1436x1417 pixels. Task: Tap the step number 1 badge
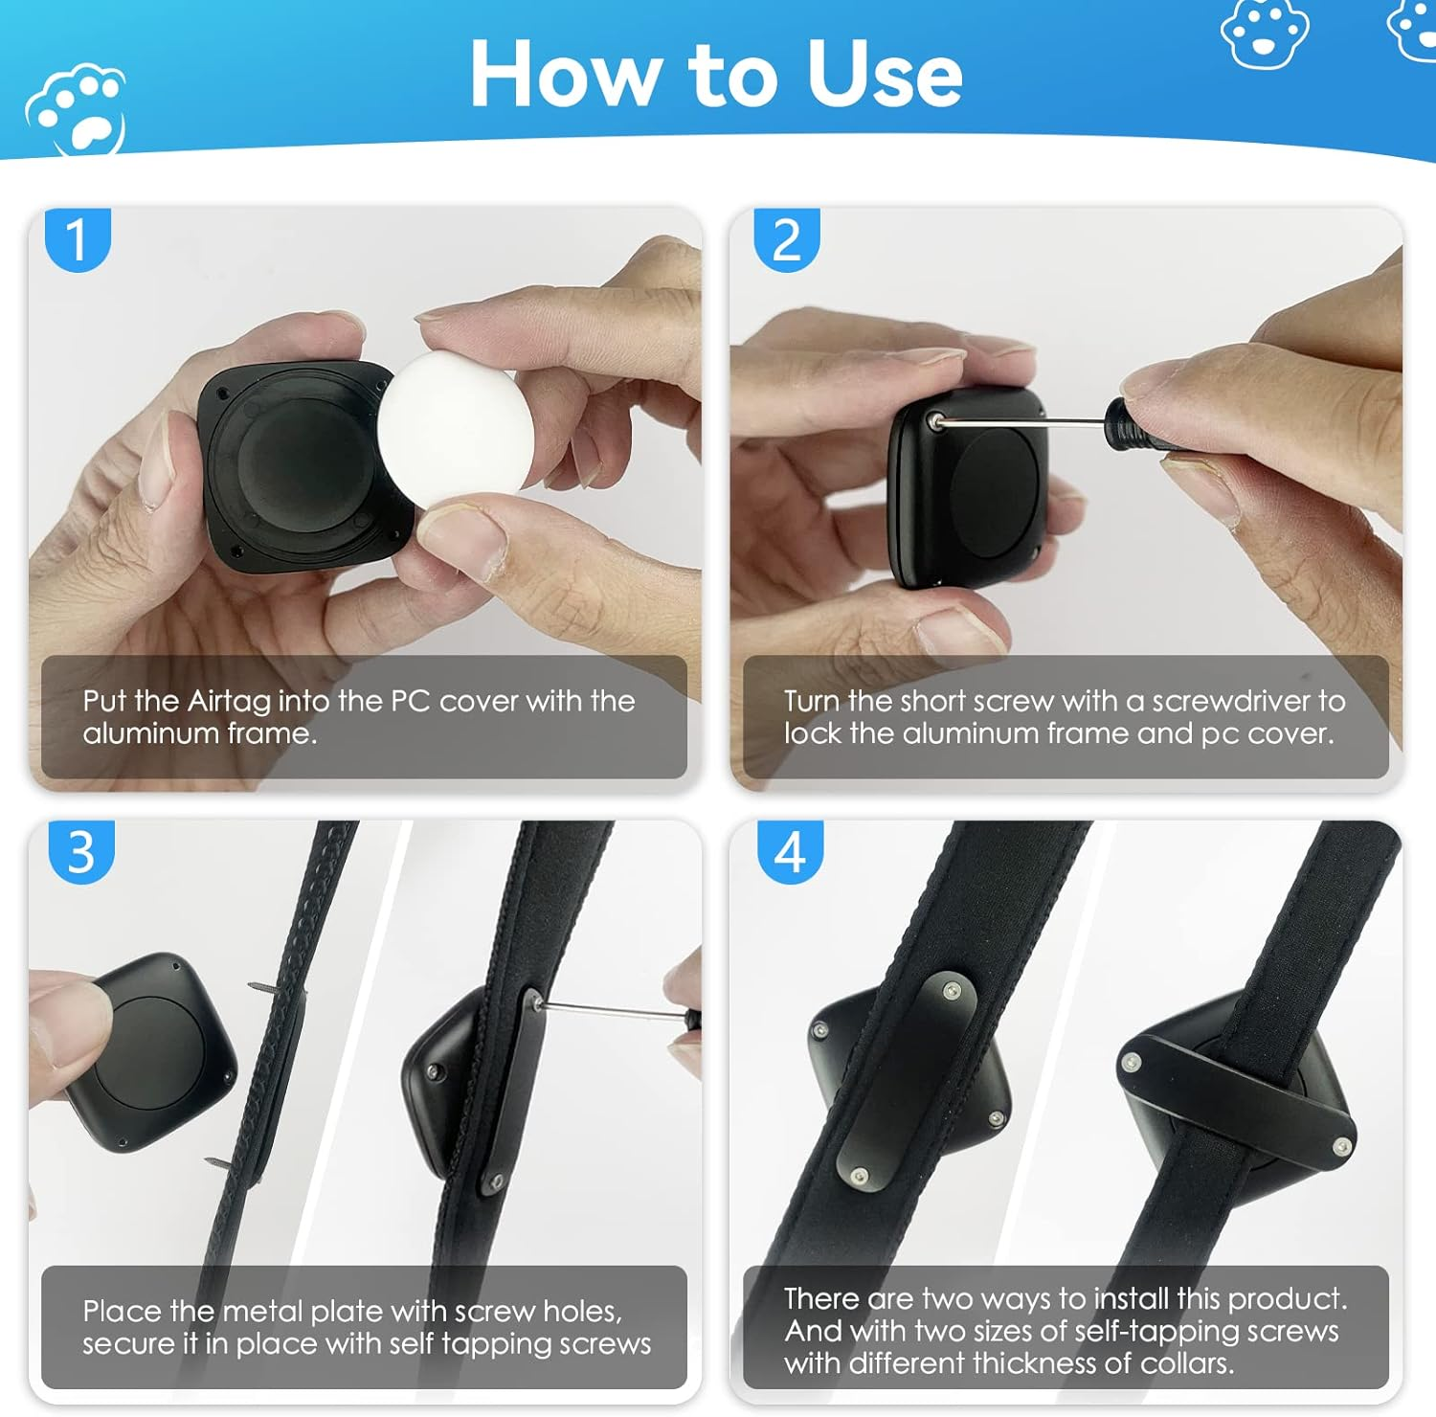click(x=79, y=239)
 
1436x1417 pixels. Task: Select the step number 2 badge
click(x=787, y=239)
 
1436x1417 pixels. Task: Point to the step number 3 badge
click(x=81, y=851)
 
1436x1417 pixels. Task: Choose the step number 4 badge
click(x=790, y=851)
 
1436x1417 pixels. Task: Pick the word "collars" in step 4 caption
click(x=1181, y=1362)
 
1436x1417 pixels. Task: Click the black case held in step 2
click(x=967, y=488)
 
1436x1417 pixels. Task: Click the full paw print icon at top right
click(x=1264, y=34)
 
